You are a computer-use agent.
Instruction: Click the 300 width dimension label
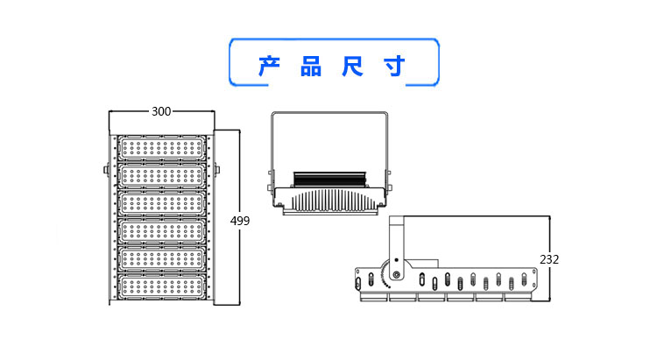[161, 111]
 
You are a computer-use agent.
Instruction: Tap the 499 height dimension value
[240, 221]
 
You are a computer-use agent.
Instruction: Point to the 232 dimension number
[549, 259]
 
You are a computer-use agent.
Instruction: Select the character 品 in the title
[311, 66]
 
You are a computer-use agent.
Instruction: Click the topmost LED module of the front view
[162, 149]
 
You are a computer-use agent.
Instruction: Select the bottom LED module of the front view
[162, 286]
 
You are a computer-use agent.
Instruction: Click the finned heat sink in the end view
[328, 201]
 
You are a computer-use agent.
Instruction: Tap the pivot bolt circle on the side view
[397, 275]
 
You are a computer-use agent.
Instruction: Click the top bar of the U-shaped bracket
[329, 115]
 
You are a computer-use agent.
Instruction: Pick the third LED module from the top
[162, 203]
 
